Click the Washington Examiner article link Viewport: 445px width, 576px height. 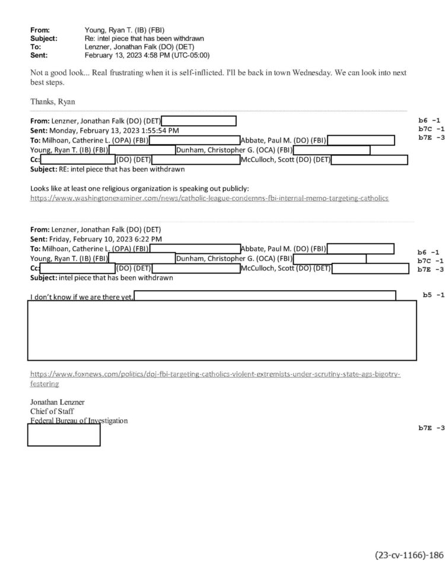tap(209, 198)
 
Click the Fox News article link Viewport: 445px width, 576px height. tap(215, 375)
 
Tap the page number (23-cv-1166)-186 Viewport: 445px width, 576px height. tap(409, 555)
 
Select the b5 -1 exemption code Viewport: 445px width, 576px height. tap(433, 295)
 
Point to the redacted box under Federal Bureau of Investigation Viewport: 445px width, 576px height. tap(63, 435)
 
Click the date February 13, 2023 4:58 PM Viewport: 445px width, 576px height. tap(147, 55)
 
